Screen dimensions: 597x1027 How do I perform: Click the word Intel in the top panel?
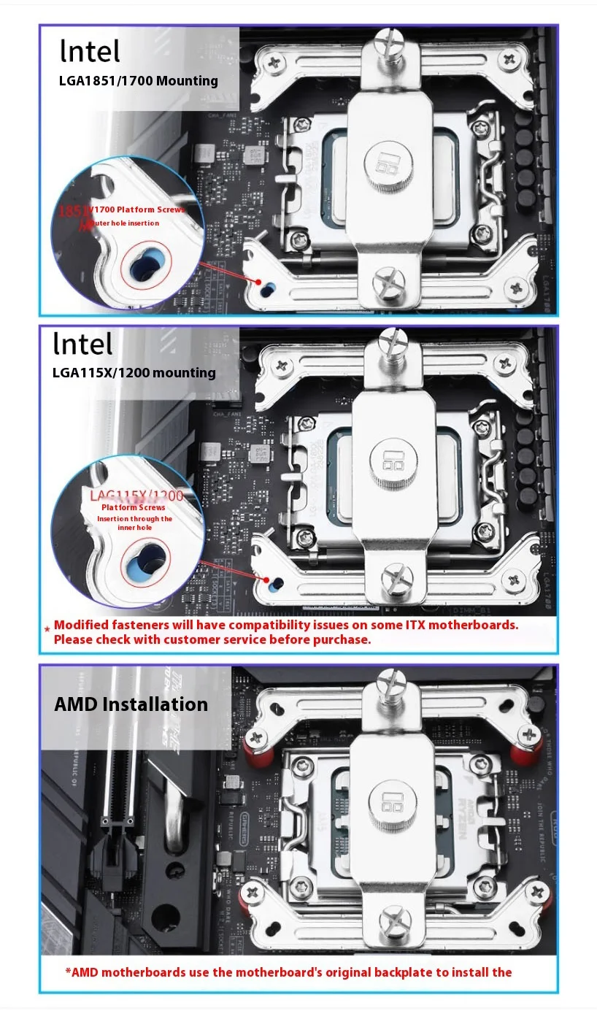coord(90,51)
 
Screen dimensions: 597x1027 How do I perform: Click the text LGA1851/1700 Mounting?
coord(139,80)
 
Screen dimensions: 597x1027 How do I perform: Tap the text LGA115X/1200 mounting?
coord(134,372)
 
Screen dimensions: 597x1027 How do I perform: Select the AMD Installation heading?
coord(131,704)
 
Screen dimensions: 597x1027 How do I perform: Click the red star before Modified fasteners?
coord(47,628)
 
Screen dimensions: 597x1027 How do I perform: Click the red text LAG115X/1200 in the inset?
coord(136,496)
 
